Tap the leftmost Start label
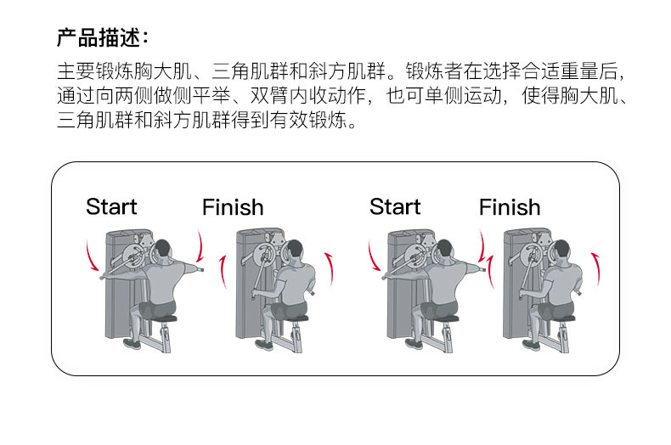[111, 206]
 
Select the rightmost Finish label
[509, 207]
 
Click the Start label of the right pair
[395, 206]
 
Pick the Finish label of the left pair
[233, 207]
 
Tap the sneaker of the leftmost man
[131, 343]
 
